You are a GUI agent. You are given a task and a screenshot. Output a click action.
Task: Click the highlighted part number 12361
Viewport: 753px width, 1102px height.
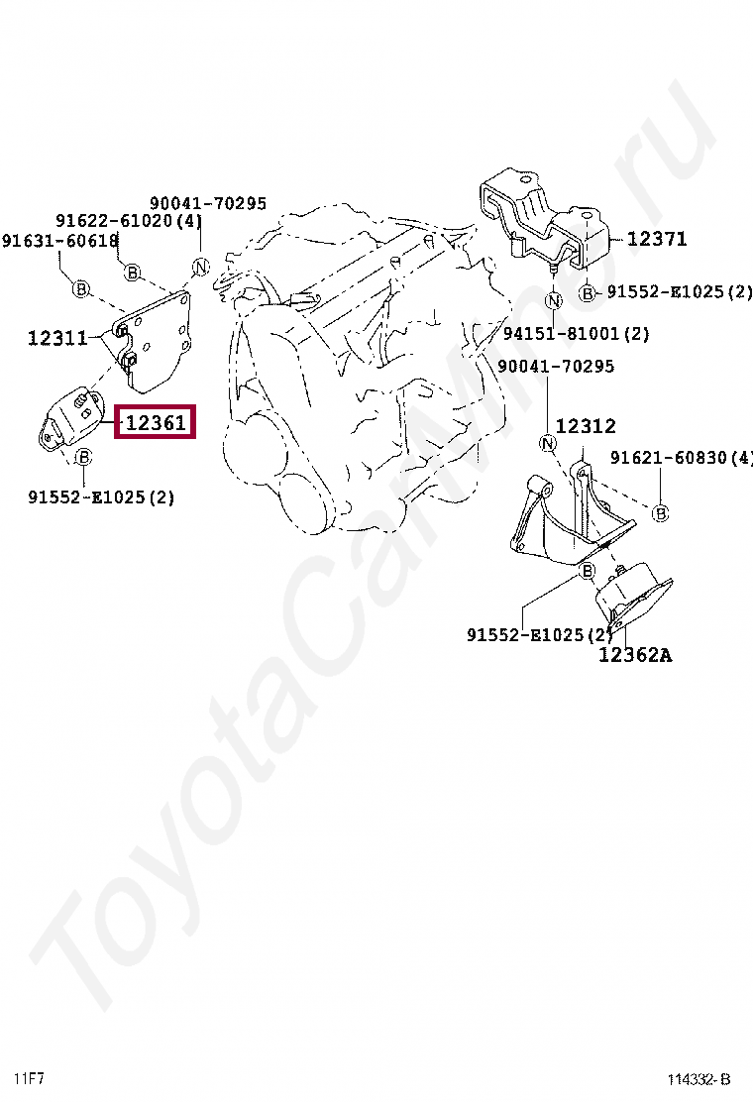point(156,423)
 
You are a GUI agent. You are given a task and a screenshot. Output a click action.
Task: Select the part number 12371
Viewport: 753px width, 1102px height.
point(656,239)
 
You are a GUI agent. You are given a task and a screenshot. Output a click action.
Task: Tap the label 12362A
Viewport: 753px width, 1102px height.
point(634,655)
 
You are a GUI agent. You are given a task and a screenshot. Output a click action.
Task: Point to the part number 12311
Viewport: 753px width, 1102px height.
point(57,338)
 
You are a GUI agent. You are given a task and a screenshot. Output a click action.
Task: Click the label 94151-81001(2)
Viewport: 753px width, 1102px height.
point(577,334)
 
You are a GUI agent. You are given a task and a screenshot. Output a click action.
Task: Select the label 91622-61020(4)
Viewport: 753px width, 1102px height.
point(129,221)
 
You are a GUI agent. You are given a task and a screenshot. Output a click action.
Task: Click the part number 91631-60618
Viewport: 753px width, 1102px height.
point(60,241)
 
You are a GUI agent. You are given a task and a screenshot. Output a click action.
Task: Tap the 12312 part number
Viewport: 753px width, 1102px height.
point(586,426)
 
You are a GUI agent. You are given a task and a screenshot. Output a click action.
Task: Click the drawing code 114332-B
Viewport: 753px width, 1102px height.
point(698,1079)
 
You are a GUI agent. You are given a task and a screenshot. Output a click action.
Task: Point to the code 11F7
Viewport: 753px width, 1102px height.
point(29,1077)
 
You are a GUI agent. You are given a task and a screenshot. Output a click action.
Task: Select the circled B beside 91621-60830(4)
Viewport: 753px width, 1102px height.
point(661,512)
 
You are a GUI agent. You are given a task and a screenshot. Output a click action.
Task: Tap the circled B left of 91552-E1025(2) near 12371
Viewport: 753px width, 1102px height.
point(588,292)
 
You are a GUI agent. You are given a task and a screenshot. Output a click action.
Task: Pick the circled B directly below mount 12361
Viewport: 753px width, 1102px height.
point(84,457)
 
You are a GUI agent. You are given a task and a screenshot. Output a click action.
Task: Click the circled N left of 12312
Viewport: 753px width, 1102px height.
point(546,442)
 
